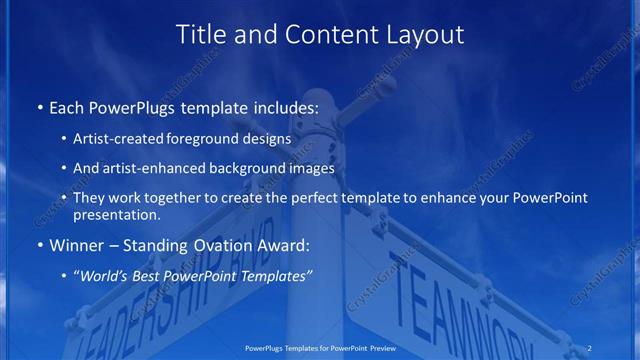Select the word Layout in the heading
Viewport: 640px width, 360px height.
pos(425,34)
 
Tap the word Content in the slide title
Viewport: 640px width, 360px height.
pos(320,34)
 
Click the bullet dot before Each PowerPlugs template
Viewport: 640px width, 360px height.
pos(39,105)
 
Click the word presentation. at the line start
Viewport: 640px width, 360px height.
pos(117,215)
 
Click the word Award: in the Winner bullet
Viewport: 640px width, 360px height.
pos(284,244)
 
